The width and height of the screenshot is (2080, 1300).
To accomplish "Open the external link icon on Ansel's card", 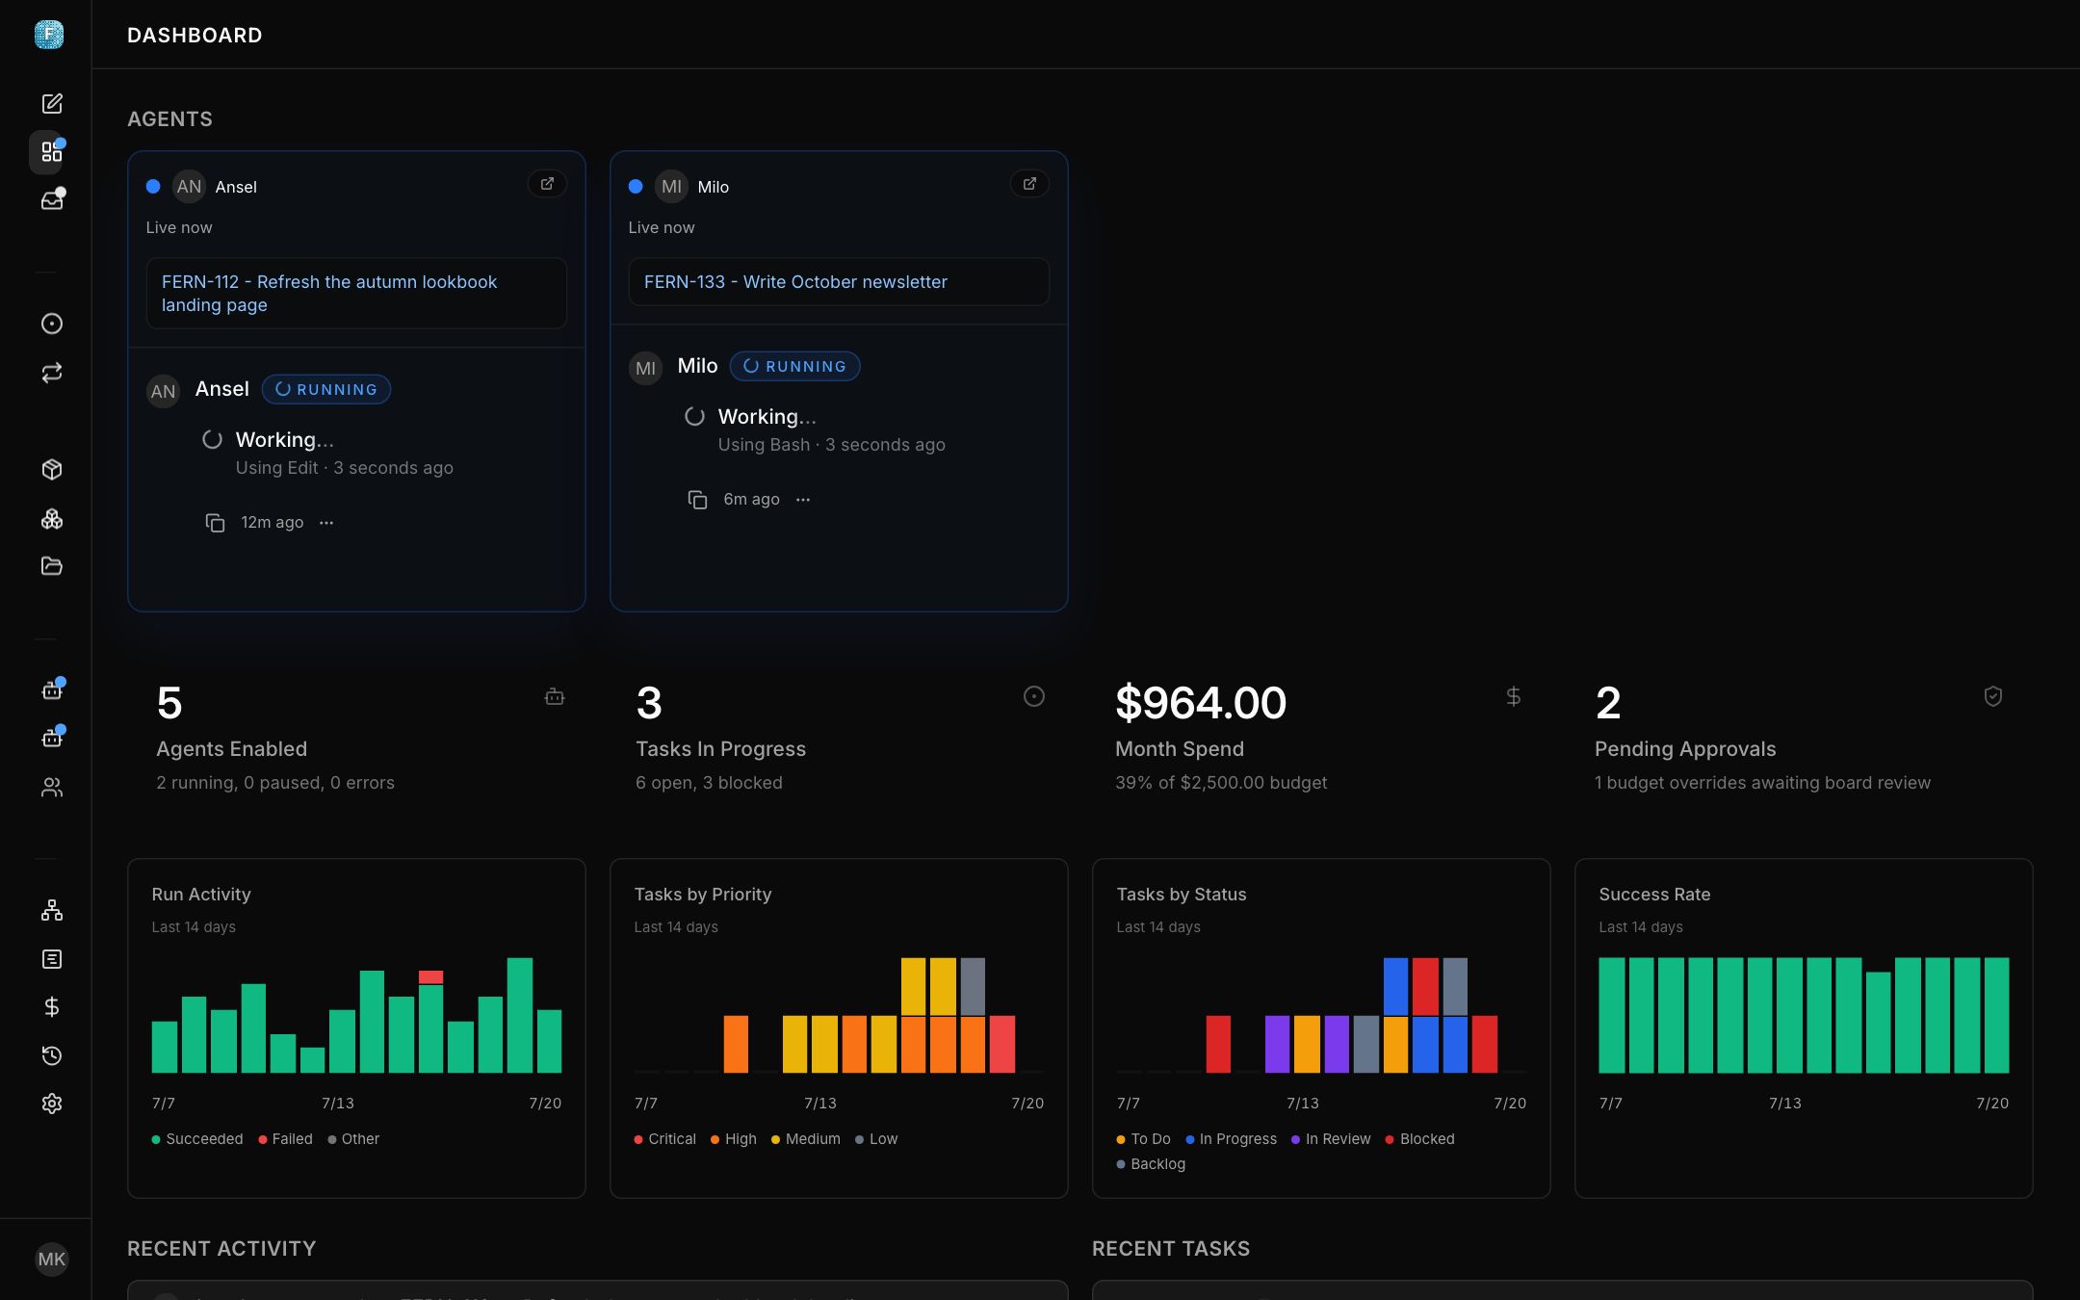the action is (547, 184).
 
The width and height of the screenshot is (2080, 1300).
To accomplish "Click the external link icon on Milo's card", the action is (1029, 184).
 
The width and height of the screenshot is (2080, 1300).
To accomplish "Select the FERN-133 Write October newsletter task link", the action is (795, 282).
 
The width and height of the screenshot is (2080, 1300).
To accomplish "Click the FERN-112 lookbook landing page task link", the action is (329, 294).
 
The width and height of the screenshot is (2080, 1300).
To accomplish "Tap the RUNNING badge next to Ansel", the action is (326, 389).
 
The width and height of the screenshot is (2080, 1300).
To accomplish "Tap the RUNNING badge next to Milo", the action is (795, 366).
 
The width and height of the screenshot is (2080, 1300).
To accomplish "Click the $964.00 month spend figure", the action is (1201, 703).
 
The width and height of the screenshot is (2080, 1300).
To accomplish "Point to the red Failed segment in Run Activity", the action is (430, 977).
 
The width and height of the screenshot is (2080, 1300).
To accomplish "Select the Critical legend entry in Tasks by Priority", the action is (664, 1139).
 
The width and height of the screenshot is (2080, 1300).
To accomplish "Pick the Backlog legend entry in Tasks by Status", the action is (1151, 1164).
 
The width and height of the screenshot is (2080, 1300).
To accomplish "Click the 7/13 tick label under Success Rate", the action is (1785, 1104).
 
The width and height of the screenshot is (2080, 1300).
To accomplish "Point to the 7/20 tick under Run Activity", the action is (545, 1104).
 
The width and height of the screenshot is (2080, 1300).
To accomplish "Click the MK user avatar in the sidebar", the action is (52, 1260).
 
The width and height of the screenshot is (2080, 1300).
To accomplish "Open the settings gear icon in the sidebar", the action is (52, 1104).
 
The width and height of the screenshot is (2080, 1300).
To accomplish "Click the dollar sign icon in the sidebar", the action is (52, 1007).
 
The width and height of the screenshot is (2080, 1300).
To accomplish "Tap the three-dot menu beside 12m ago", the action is (326, 523).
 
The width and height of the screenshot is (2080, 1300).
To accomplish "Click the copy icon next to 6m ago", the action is (697, 500).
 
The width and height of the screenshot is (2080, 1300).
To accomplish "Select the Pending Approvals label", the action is (1685, 749).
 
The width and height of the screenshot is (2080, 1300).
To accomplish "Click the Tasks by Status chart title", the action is (1182, 895).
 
